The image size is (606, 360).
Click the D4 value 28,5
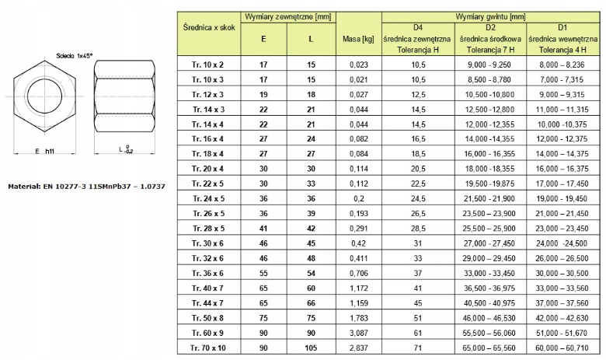(x=418, y=229)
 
